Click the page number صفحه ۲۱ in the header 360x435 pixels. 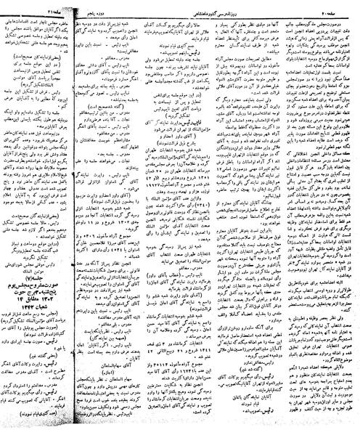(x=21, y=6)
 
